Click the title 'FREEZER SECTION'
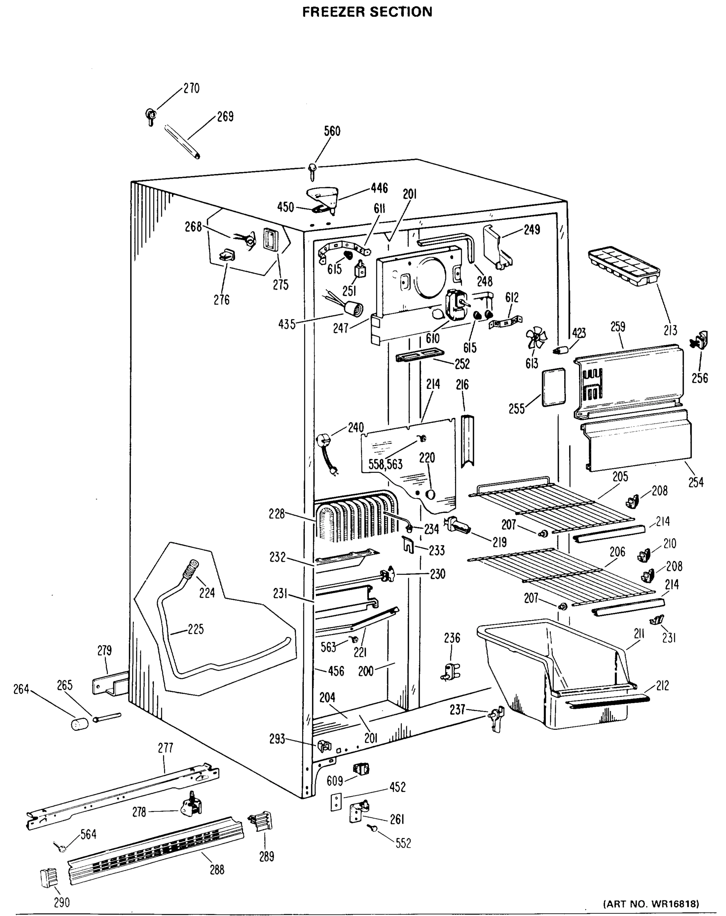(x=367, y=12)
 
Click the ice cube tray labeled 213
(x=623, y=267)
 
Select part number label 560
(x=332, y=131)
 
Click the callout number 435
(x=287, y=324)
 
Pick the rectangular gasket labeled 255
(x=554, y=387)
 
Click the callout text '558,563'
(x=385, y=464)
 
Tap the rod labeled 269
(x=182, y=142)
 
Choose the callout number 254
(x=695, y=482)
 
